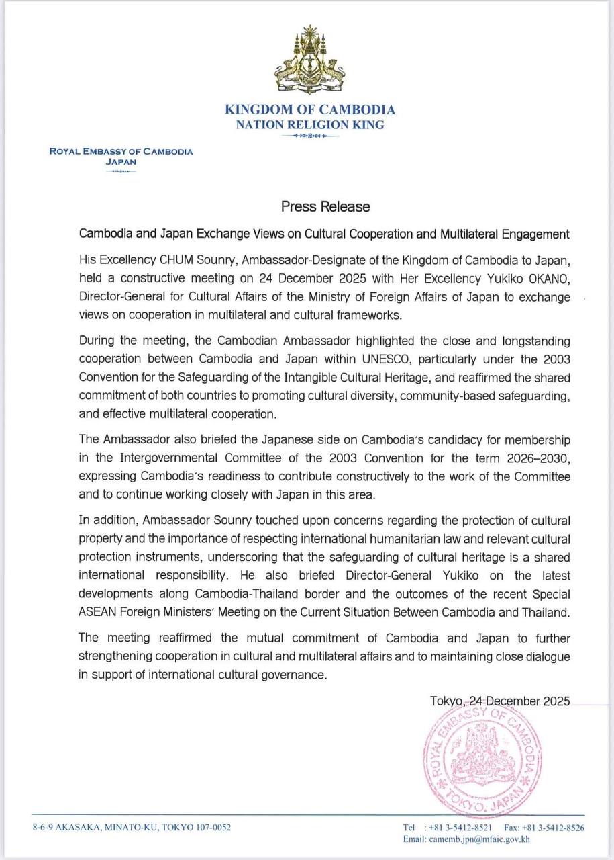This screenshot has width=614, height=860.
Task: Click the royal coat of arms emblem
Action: point(309,61)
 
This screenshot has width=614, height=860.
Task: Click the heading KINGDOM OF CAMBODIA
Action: point(309,110)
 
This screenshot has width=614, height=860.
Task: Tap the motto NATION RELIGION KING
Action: point(309,124)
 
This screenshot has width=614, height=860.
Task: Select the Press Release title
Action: point(325,206)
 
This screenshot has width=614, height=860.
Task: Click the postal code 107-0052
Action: point(213,828)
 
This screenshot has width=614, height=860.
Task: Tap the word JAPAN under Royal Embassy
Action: point(121,161)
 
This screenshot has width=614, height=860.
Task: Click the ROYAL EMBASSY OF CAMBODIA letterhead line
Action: point(121,151)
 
